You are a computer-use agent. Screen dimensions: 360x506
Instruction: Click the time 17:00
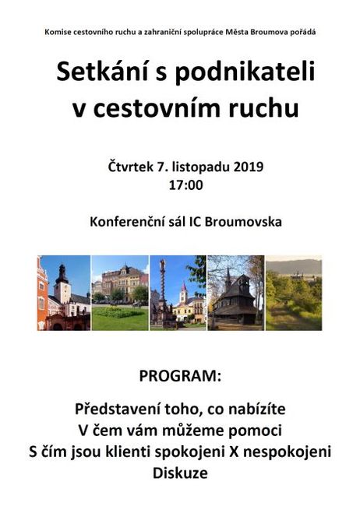pyautogui.click(x=185, y=185)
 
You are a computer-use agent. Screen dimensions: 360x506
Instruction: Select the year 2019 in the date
pyautogui.click(x=248, y=167)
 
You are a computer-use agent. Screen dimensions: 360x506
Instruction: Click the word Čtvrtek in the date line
pyautogui.click(x=129, y=167)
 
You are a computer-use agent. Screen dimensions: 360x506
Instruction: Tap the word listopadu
pyautogui.click(x=198, y=167)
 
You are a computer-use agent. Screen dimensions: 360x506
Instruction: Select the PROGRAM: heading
pyautogui.click(x=180, y=377)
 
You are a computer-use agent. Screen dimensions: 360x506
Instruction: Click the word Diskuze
pyautogui.click(x=180, y=473)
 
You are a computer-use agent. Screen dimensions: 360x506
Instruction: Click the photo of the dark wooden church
pyautogui.click(x=235, y=293)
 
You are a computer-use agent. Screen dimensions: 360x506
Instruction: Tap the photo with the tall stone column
pyautogui.click(x=178, y=293)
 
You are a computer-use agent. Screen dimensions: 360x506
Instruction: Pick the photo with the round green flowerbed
pyautogui.click(x=119, y=293)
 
